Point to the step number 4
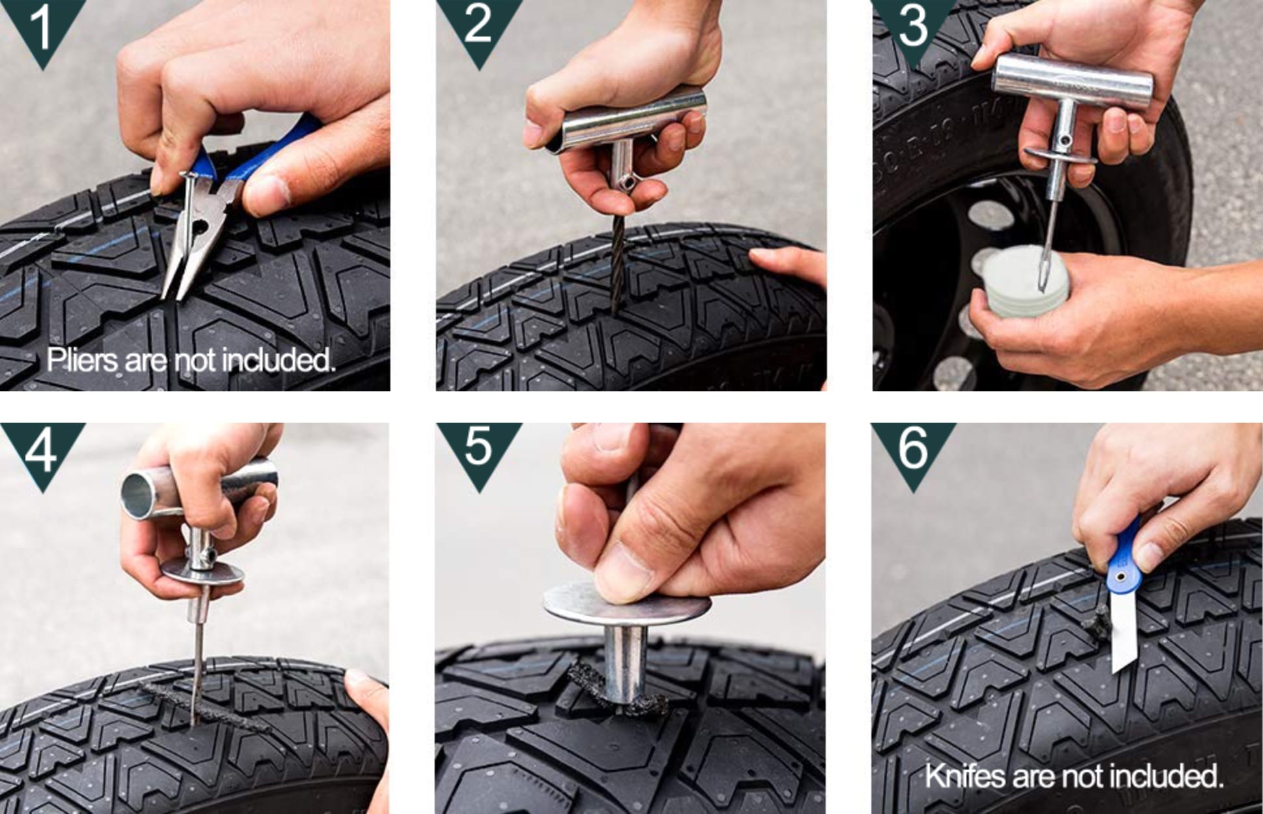(41, 450)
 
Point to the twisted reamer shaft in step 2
(617, 264)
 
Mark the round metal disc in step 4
(203, 573)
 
